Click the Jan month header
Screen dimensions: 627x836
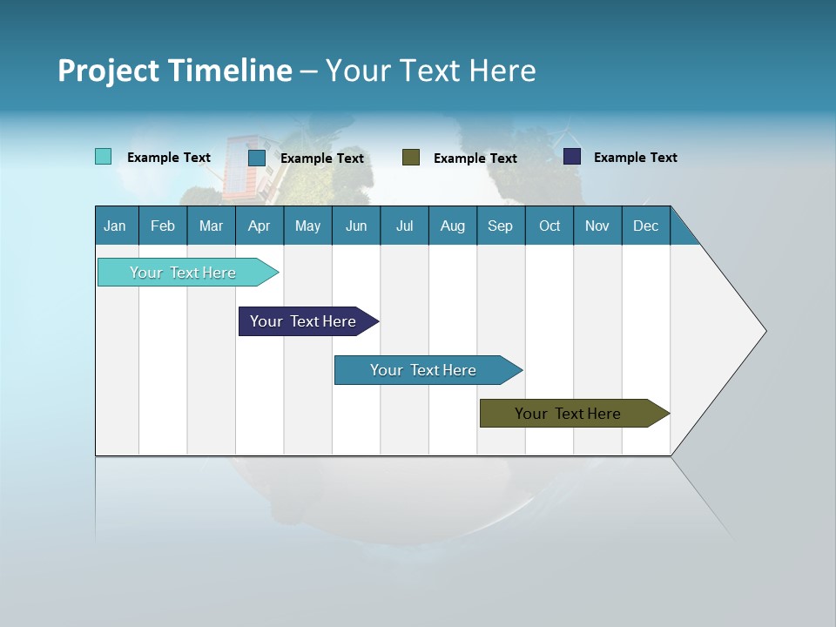pos(115,226)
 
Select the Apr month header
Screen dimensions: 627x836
pos(259,226)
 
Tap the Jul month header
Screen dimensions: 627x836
pos(404,226)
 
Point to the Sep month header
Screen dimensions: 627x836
pos(500,226)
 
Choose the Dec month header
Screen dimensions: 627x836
pos(645,226)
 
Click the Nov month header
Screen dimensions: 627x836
pos(597,226)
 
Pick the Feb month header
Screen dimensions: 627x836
pos(163,226)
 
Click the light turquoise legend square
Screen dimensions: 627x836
pos(103,157)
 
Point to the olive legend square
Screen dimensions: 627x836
pos(411,157)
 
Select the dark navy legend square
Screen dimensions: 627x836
pos(572,157)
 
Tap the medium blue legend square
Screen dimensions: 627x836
pos(257,158)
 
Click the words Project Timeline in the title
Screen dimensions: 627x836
pos(174,70)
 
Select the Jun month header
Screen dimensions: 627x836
pos(356,226)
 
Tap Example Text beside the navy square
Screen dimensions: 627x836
pos(635,158)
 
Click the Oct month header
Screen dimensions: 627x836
pos(549,226)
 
